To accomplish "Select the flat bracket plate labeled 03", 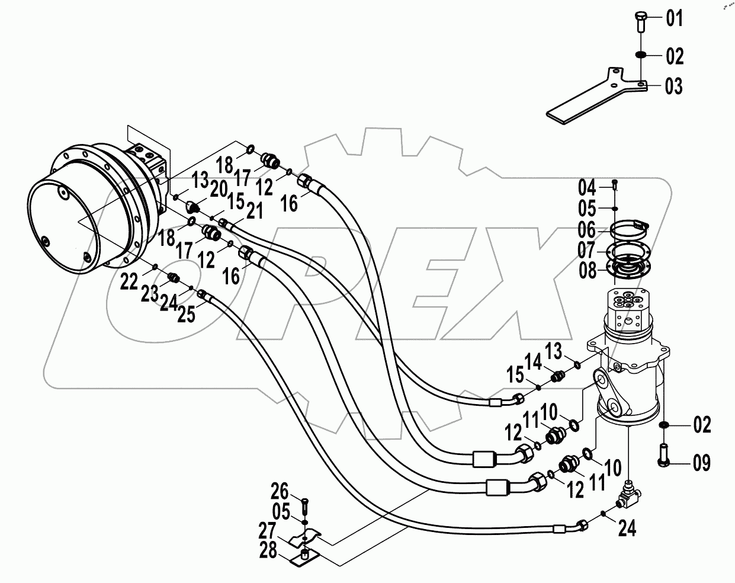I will (x=592, y=100).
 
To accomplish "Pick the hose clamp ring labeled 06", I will (x=628, y=228).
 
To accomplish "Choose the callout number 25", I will (x=185, y=315).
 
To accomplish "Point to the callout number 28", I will (x=268, y=551).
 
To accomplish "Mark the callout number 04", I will (x=587, y=189).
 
